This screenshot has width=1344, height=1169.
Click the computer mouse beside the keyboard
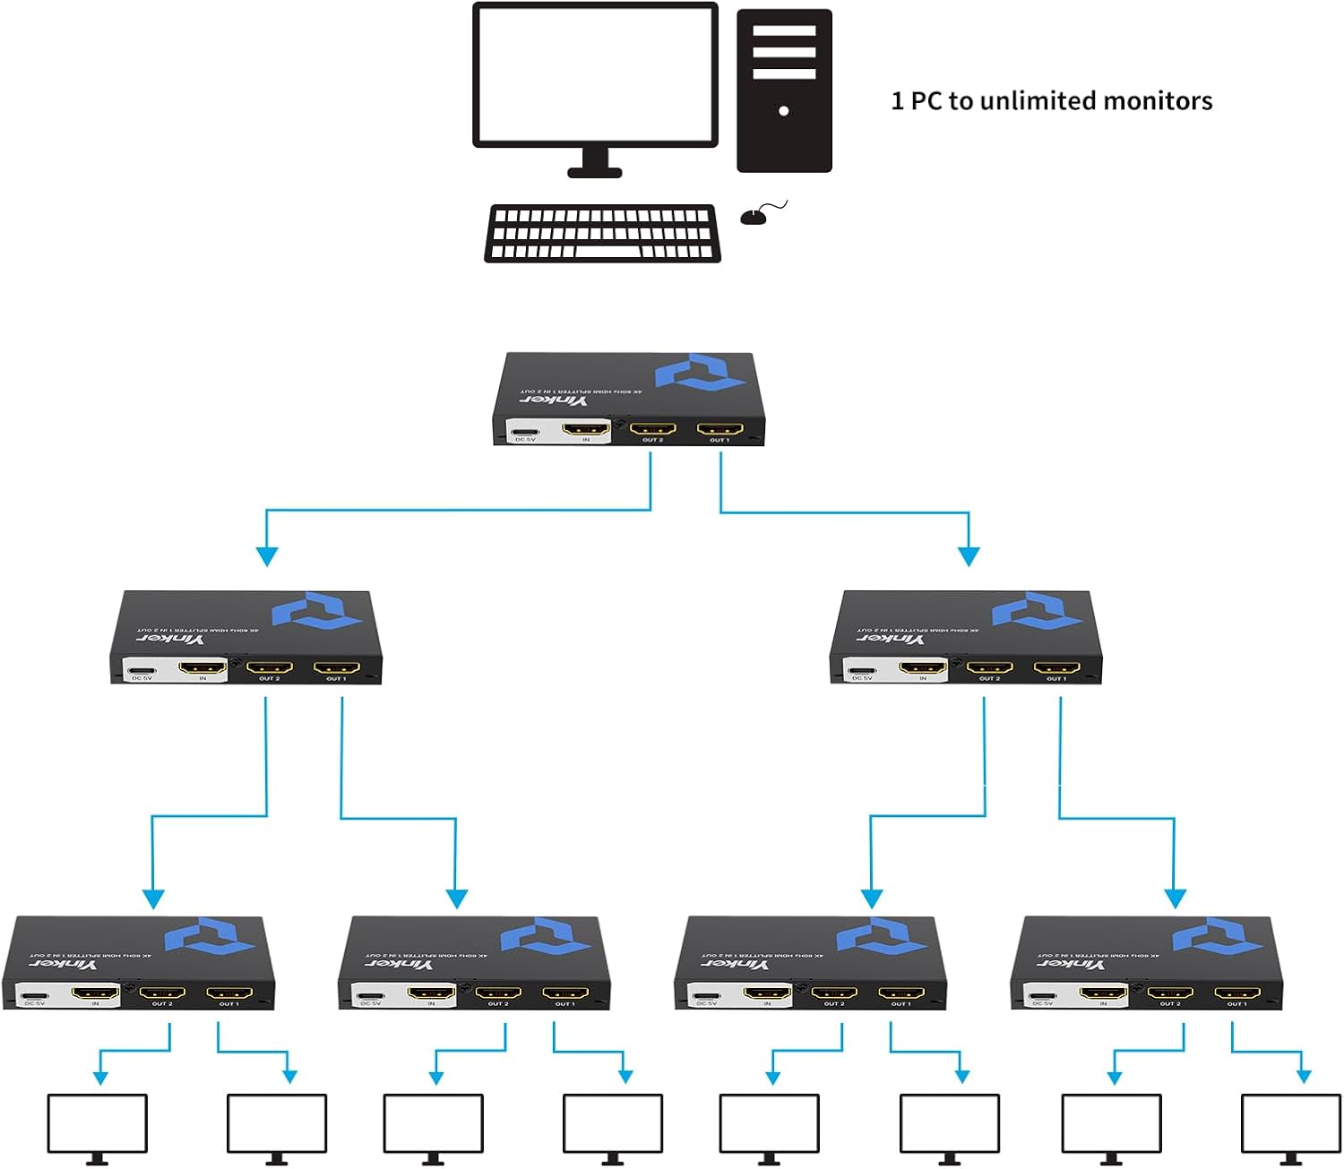coord(754,217)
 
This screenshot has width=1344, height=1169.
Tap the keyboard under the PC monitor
coord(602,233)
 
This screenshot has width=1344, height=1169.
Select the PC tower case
coord(784,90)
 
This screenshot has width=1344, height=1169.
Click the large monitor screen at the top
coord(595,74)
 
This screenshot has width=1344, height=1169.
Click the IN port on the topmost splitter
coord(586,429)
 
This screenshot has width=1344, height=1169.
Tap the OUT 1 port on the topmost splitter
coord(719,429)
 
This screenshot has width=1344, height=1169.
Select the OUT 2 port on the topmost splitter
coord(652,429)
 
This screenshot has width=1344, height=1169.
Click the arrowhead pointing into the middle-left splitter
coord(266,555)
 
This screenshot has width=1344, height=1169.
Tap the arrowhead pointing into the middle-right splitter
coord(969,555)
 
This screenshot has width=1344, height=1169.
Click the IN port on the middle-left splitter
coord(202,667)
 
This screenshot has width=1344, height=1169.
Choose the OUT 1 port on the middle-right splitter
coord(1056,667)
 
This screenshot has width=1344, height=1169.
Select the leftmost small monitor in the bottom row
coord(97,1123)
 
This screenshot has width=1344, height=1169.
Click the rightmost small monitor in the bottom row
coord(1291,1123)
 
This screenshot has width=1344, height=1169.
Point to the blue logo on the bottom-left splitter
coord(210,935)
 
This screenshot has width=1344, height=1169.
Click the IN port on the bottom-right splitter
coord(1103,993)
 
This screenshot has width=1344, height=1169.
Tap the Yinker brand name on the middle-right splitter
coord(889,639)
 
